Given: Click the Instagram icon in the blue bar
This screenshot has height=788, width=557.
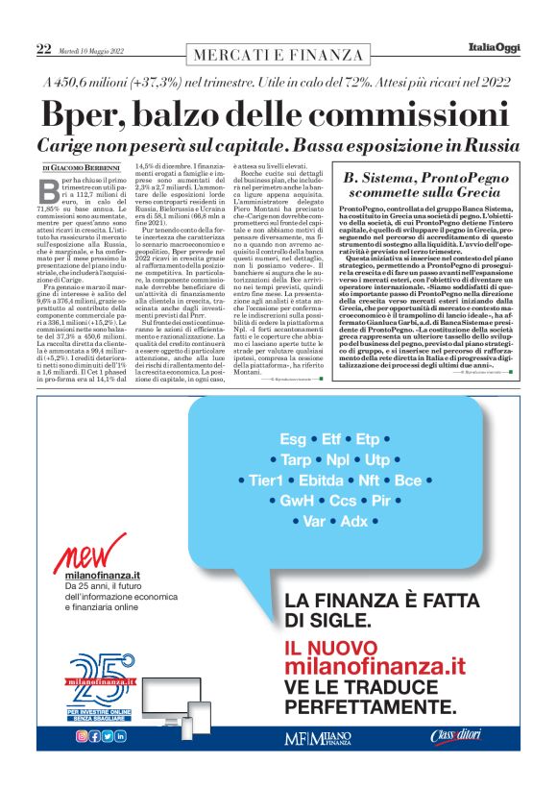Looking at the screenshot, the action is click(80, 736).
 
